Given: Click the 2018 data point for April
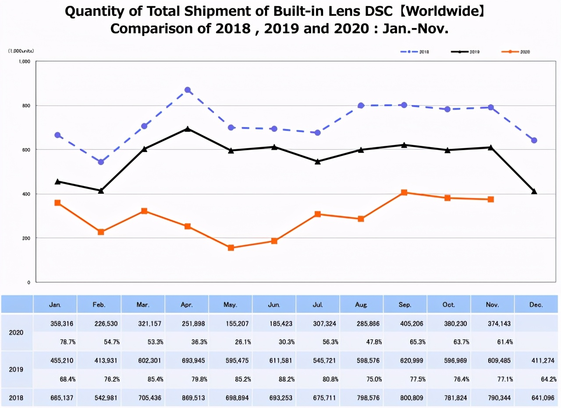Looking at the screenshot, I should point(188,90).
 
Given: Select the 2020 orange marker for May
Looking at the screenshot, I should point(231,248).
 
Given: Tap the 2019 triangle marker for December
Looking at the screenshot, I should point(534,191).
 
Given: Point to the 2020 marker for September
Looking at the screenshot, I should point(404,193).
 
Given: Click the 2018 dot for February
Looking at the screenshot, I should point(101,162).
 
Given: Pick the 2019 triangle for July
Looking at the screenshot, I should point(317,162).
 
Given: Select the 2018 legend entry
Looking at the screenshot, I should point(414,52).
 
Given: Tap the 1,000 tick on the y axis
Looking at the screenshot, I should point(24,61).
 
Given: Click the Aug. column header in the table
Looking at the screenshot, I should point(362,304).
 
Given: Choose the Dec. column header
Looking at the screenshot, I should point(536,304).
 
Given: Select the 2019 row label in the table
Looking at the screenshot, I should point(17,369).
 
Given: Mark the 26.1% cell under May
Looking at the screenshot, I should point(237,341).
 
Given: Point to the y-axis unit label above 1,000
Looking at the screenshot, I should point(21,51).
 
